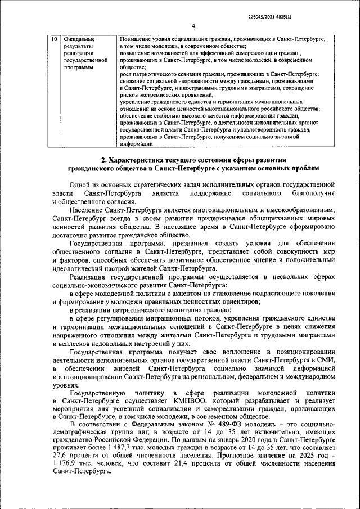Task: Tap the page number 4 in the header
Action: [x=192, y=26]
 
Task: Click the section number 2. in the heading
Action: [x=98, y=160]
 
